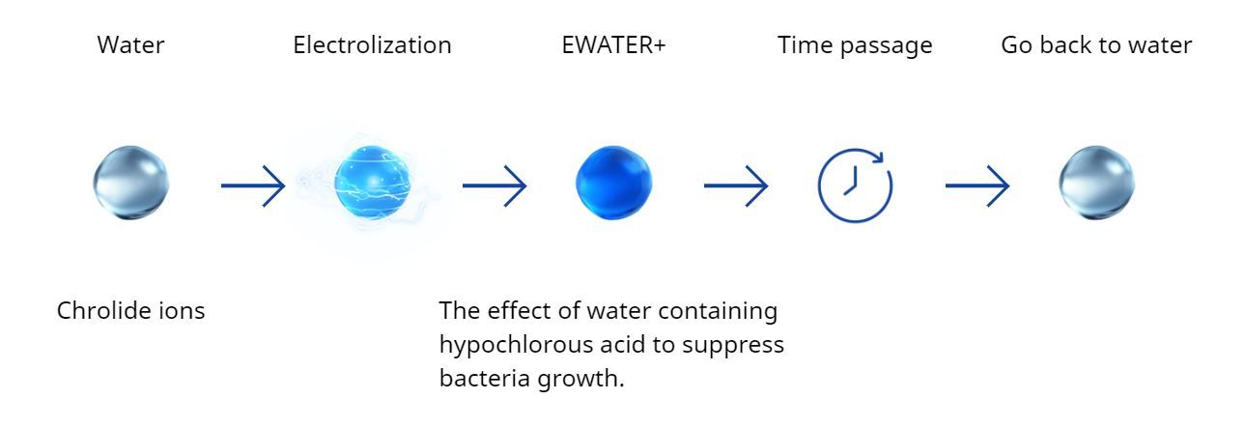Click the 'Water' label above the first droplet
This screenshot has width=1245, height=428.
coord(130,45)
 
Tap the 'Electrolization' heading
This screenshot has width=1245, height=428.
coord(372,45)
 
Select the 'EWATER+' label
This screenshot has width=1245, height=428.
coord(613,45)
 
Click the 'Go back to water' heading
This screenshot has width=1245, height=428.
coord(1096,45)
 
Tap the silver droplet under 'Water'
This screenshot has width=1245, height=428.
coord(131,183)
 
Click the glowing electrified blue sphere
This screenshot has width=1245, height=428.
coord(373,183)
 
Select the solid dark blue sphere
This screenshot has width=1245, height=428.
coord(613,183)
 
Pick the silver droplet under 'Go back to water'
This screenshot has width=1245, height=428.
coord(1096,183)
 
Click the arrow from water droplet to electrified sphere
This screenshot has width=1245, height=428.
coord(253,185)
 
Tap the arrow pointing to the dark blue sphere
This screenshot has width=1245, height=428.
coord(495,185)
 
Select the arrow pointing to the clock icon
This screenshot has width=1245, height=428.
coord(736,185)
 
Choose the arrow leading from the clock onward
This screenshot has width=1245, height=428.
coord(977,185)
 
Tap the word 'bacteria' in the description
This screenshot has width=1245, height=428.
coord(484,378)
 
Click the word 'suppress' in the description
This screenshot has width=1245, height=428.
coord(733,346)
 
